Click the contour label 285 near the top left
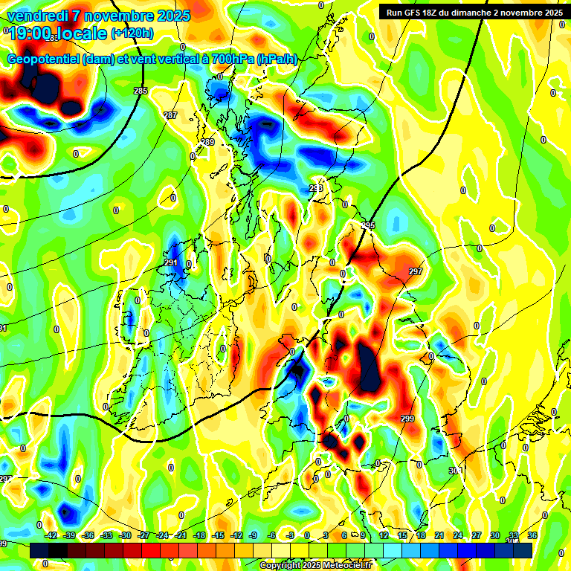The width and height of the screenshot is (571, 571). coord(141,91)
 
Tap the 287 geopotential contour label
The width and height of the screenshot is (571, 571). coord(170,115)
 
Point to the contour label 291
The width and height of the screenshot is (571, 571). coord(170,262)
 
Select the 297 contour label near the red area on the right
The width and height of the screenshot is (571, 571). coord(415,271)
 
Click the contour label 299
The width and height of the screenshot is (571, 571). coord(407,419)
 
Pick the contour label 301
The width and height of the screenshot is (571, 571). coord(455,470)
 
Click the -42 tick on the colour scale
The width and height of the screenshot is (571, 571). coord(51,535)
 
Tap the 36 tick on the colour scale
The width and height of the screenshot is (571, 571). coord(532,535)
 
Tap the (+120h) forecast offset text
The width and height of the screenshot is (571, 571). coord(132,33)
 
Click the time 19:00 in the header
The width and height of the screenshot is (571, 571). coord(30,33)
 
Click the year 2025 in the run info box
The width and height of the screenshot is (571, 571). coord(550,13)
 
